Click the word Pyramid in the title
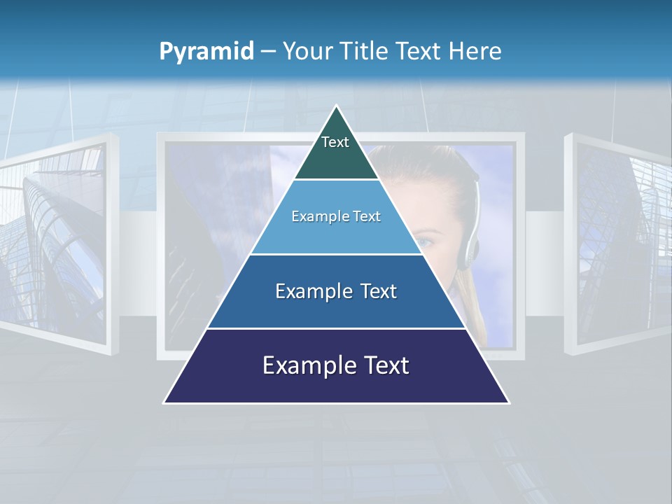pyautogui.click(x=206, y=52)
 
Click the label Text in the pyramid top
pyautogui.click(x=335, y=142)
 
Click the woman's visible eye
pyautogui.click(x=425, y=243)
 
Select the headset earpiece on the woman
pyautogui.click(x=468, y=251)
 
